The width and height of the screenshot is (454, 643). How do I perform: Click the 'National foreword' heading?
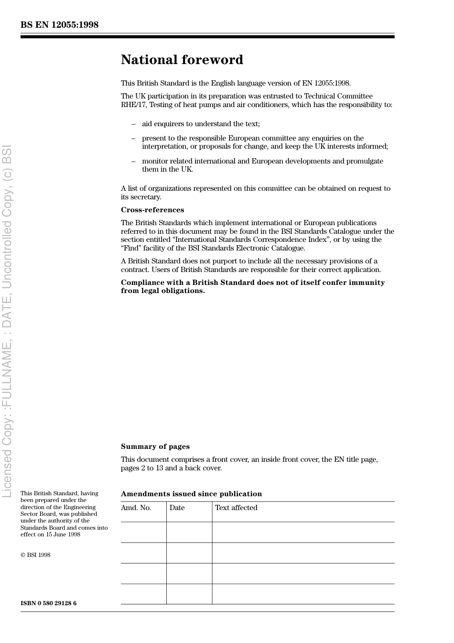[x=182, y=60]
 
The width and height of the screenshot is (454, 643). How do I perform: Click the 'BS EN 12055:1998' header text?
[x=59, y=25]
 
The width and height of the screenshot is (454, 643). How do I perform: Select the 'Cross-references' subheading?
[x=152, y=210]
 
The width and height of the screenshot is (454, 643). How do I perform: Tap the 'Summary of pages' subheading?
[x=155, y=447]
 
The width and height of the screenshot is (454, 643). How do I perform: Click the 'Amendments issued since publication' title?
[x=191, y=494]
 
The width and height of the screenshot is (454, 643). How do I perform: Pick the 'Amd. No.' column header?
[x=136, y=508]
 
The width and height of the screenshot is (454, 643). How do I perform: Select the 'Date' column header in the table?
[x=177, y=508]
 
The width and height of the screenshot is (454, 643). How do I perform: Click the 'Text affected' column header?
[x=236, y=508]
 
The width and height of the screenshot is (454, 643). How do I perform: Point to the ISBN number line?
[x=48, y=603]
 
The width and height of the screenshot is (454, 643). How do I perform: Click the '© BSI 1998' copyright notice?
[x=35, y=555]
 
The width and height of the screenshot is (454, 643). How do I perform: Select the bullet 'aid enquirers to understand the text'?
[x=201, y=124]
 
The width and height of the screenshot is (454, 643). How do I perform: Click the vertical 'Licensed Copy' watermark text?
[x=7, y=320]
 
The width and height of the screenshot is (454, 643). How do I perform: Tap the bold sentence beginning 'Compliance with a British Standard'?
[x=252, y=286]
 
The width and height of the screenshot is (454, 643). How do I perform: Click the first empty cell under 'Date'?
[x=189, y=532]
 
